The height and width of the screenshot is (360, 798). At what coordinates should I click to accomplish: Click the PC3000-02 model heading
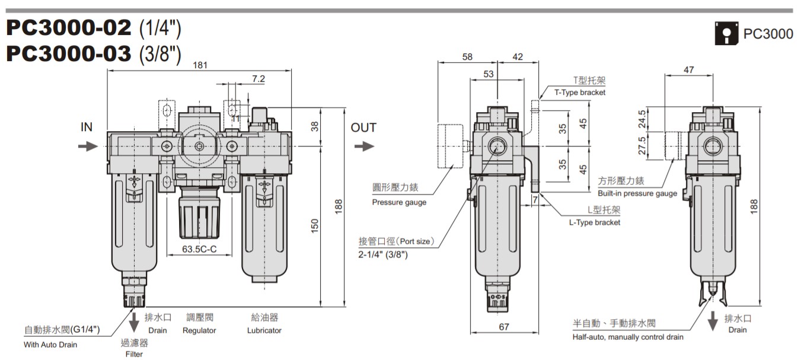[x=68, y=28]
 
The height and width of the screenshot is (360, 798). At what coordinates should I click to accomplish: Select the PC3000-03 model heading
[x=68, y=53]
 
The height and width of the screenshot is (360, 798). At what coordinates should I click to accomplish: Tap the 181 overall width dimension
[x=200, y=65]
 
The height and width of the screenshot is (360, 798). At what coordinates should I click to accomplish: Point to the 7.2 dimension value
[x=258, y=78]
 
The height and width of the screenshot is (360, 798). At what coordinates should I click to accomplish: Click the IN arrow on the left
[x=88, y=146]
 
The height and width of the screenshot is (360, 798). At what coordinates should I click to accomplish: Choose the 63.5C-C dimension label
[x=199, y=250]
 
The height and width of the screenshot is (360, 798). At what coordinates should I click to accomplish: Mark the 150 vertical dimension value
[x=315, y=226]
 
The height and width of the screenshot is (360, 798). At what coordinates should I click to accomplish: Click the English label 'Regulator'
[x=199, y=330]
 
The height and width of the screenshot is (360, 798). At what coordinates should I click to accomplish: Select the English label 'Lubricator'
[x=264, y=330]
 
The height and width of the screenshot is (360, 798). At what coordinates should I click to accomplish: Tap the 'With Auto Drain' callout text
[x=50, y=344]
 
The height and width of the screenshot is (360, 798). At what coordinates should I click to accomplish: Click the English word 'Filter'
[x=134, y=354]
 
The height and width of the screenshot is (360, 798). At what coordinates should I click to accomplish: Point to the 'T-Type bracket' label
[x=580, y=93]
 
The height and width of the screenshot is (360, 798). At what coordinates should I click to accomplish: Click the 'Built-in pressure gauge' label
[x=637, y=193]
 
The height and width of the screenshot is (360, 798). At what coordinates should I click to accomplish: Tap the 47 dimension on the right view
[x=688, y=70]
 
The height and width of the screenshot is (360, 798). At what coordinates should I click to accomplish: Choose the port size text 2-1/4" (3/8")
[x=383, y=254]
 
